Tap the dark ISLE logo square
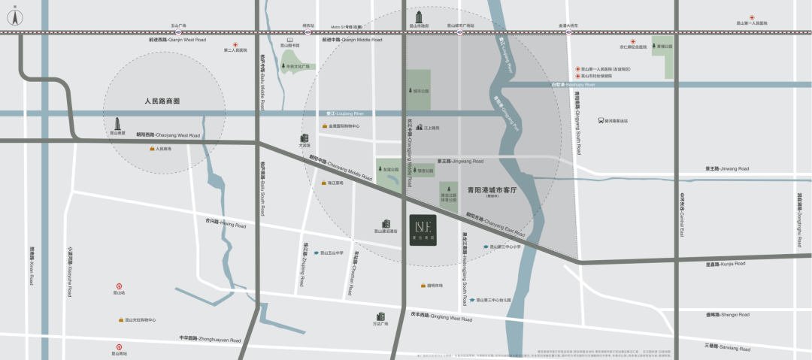point(423,228)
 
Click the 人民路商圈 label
point(162,100)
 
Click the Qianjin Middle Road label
point(352,40)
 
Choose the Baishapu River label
point(572,85)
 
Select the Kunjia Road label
point(726,264)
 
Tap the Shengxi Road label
point(728,314)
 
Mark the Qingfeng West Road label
point(441,318)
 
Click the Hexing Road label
point(226,222)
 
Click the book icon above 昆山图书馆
point(289,40)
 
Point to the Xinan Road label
point(32,266)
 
